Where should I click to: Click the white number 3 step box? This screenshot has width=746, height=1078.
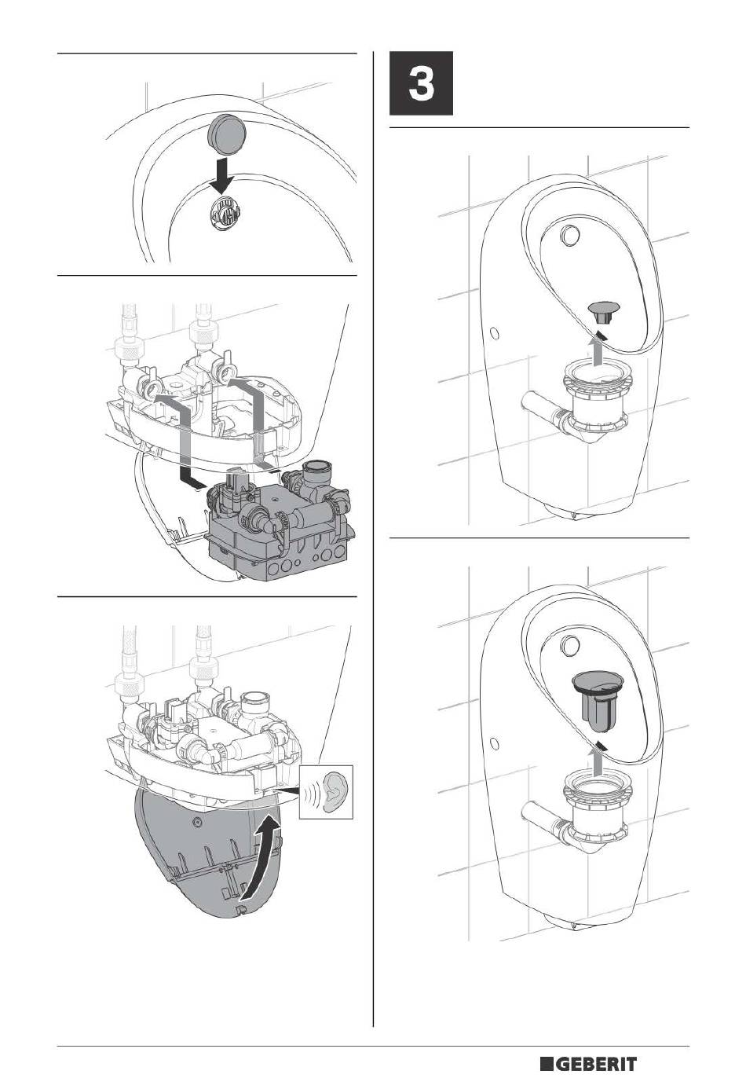coord(421,83)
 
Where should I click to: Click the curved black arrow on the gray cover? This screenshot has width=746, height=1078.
coord(262,857)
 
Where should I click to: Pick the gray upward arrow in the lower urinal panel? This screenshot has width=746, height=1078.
coord(597,758)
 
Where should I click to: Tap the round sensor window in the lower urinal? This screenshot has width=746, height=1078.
coord(571,644)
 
